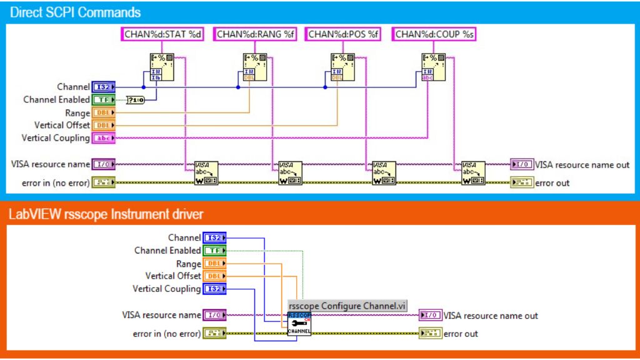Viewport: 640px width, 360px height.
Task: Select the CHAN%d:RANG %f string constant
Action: (x=255, y=34)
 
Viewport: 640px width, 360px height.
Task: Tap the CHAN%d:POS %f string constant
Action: (x=344, y=34)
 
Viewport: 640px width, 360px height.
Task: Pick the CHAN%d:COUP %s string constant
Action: (x=434, y=34)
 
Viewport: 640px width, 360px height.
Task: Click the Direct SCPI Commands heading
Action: (x=75, y=12)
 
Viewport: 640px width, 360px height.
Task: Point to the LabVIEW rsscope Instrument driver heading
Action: (x=106, y=214)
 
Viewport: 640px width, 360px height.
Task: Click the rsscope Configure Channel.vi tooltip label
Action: (x=347, y=306)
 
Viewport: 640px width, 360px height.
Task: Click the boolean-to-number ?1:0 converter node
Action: (x=135, y=100)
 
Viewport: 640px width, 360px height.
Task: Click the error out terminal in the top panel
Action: (x=522, y=183)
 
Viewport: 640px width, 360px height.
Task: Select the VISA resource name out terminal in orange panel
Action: (x=431, y=316)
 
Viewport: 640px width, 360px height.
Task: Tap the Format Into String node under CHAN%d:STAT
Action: (x=161, y=67)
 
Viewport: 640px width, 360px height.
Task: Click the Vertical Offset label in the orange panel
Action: (x=173, y=276)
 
